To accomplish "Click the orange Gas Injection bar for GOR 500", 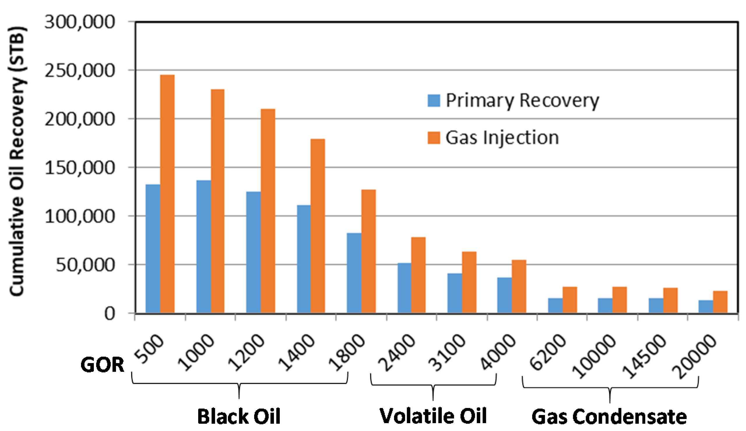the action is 167,194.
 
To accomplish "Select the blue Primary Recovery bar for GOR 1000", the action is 203,247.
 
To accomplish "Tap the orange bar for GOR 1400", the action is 318,226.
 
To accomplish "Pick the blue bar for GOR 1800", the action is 354,273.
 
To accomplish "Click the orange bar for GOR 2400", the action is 418,275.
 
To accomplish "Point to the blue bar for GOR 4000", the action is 504,295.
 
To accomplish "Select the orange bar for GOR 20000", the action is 720,302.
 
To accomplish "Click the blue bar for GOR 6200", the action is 555,306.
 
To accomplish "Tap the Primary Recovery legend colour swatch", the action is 434,101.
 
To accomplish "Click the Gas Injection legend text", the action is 502,138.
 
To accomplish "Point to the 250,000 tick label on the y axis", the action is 80,71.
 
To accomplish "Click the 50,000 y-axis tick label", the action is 85,265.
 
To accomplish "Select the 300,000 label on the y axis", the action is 80,22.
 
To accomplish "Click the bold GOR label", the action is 102,365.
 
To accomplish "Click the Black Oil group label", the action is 239,416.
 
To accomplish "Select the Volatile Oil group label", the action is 433,416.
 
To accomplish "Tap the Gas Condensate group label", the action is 609,417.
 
